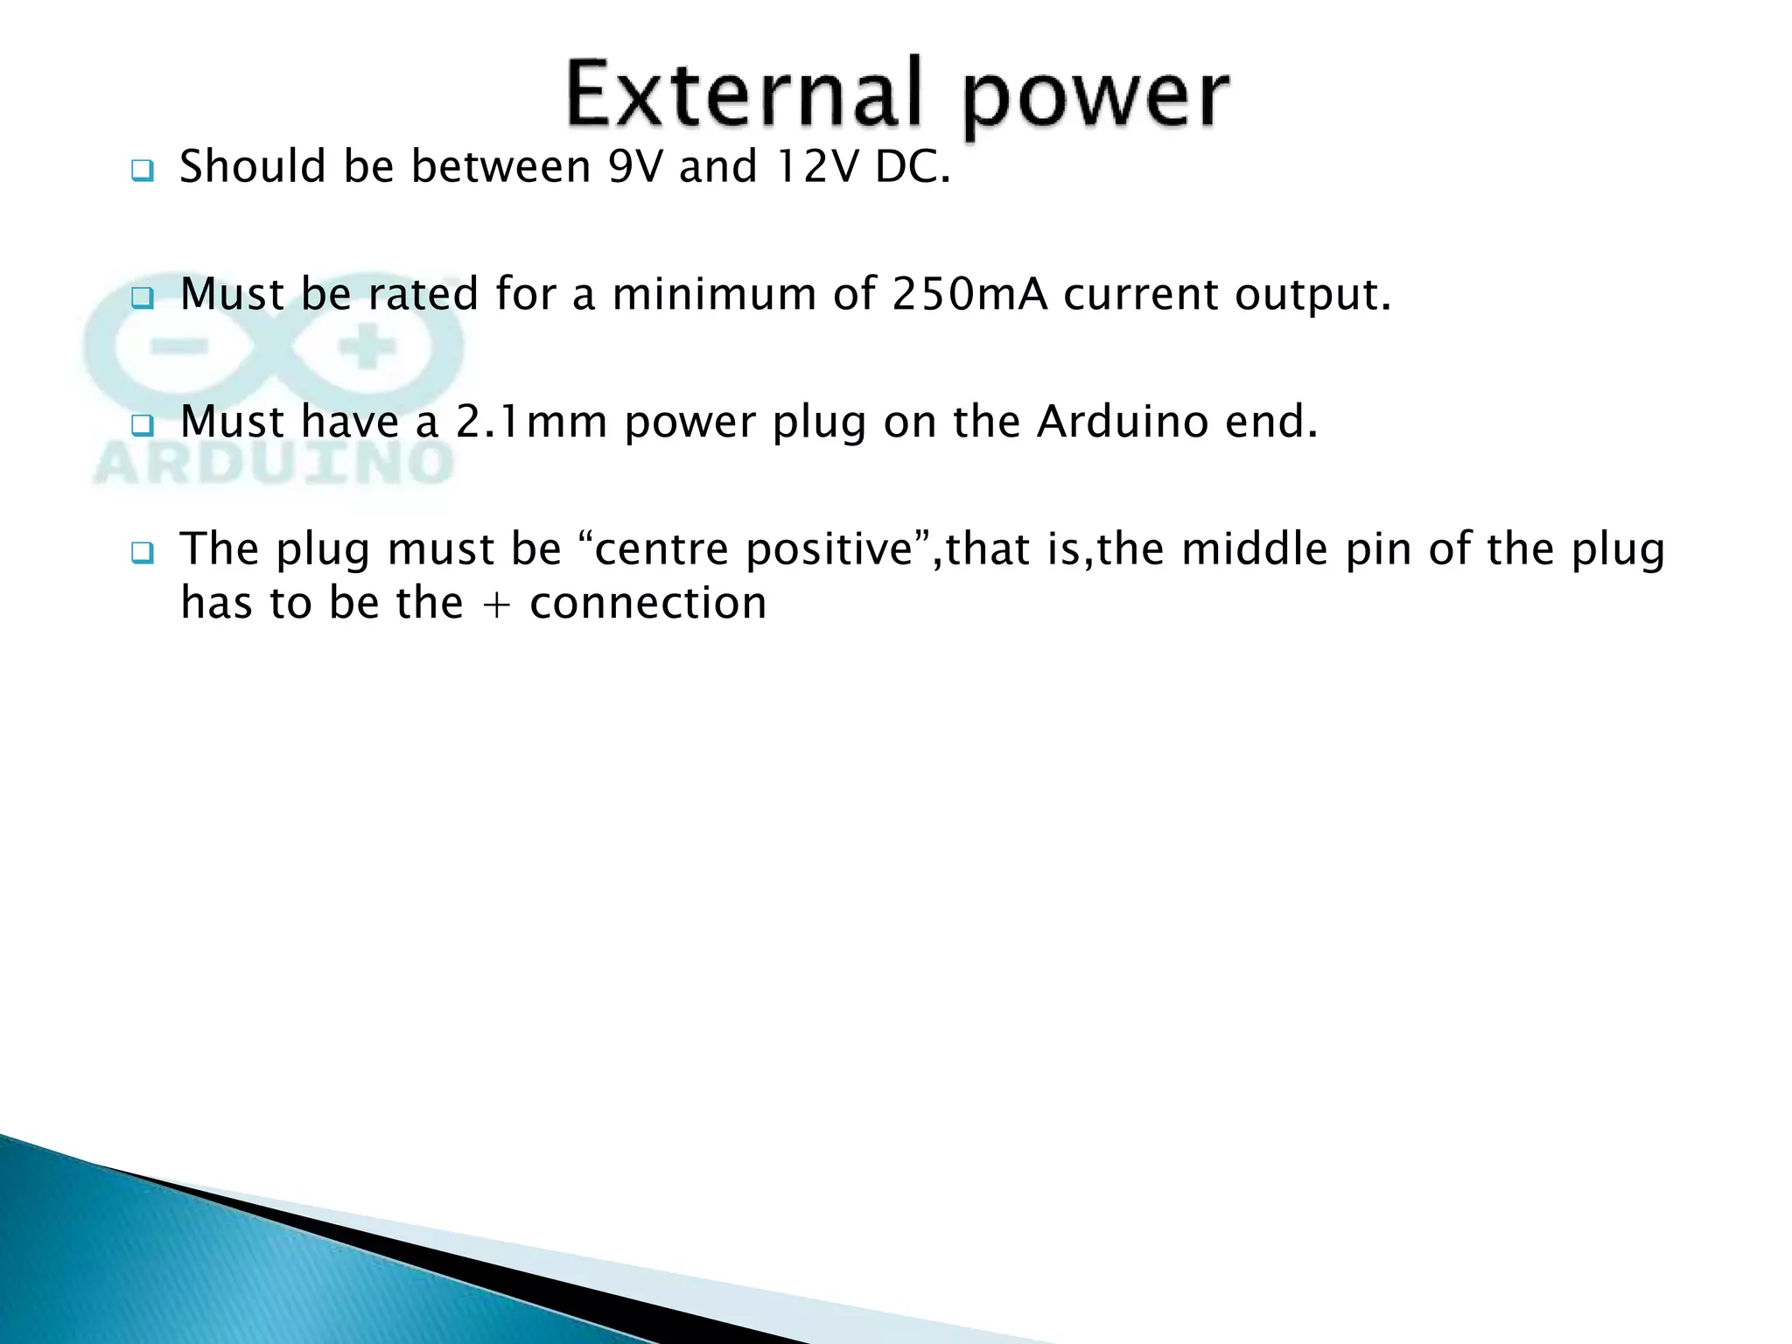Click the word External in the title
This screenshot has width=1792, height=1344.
pyautogui.click(x=744, y=94)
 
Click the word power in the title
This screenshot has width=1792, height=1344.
pyautogui.click(x=1095, y=98)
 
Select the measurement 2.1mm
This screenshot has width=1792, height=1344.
pyautogui.click(x=531, y=422)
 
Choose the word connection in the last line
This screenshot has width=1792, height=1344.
pyautogui.click(x=647, y=604)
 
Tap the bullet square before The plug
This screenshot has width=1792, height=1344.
pyautogui.click(x=142, y=553)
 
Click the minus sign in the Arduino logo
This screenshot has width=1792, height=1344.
pyautogui.click(x=178, y=348)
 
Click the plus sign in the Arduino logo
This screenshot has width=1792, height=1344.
pyautogui.click(x=367, y=349)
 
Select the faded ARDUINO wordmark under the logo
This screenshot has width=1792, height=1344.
pyautogui.click(x=273, y=464)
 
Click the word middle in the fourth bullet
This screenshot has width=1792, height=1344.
pyautogui.click(x=1254, y=550)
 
